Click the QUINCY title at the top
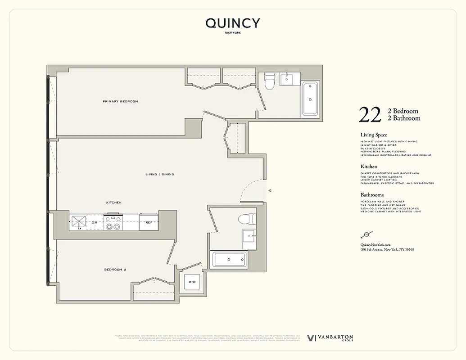[233, 23]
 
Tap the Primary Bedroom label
[120, 101]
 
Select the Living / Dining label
[159, 174]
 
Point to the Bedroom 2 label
[115, 270]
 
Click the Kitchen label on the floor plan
[113, 202]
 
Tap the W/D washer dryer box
[192, 282]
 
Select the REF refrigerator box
[148, 222]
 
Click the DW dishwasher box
[95, 222]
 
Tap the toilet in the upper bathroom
[270, 81]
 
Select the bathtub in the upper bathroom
[310, 99]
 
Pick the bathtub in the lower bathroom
[229, 260]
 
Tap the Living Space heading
[374, 135]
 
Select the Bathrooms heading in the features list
[372, 195]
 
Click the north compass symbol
[366, 234]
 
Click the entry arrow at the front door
[270, 191]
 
